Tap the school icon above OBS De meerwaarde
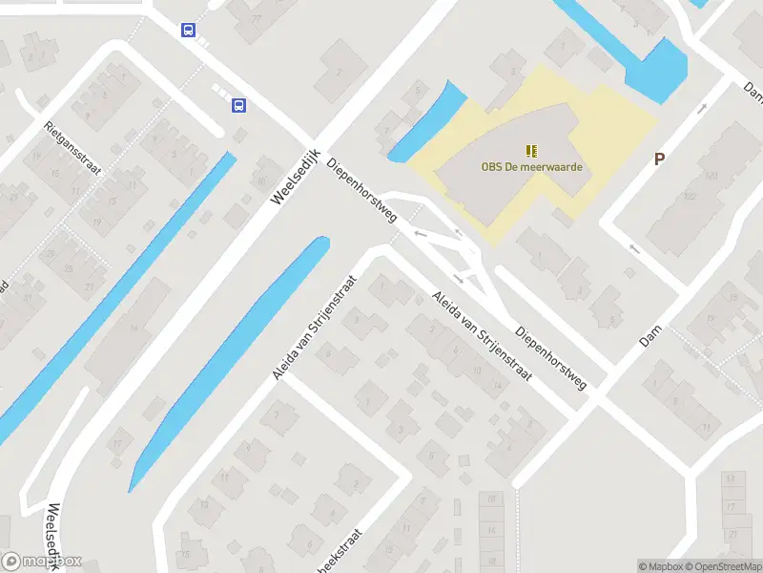[531, 150]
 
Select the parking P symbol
[659, 159]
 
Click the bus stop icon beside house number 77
[189, 30]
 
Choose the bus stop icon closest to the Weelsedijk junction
[237, 105]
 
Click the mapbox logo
[42, 562]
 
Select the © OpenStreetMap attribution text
[720, 566]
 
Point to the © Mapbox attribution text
[659, 566]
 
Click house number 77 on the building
[255, 18]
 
